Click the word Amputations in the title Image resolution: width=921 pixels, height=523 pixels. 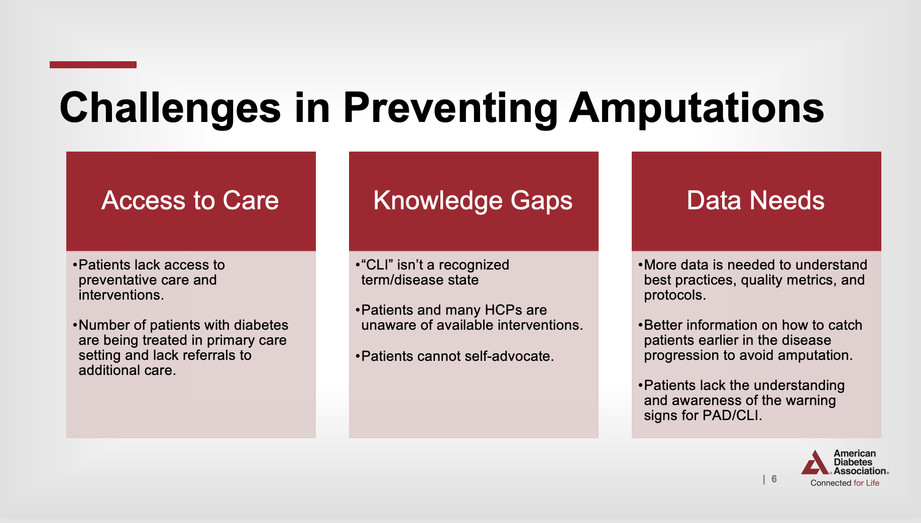click(x=697, y=108)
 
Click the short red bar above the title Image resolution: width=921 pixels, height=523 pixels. click(x=93, y=65)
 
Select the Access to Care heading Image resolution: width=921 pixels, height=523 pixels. click(x=190, y=200)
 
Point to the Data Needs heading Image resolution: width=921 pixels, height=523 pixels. click(x=756, y=200)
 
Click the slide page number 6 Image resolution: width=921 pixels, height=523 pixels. click(x=774, y=479)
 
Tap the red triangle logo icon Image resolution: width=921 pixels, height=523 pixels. click(x=815, y=462)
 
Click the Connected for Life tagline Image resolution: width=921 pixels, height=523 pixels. click(x=845, y=483)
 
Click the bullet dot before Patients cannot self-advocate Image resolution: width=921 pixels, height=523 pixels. click(x=358, y=357)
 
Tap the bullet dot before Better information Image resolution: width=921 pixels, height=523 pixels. click(x=640, y=325)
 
